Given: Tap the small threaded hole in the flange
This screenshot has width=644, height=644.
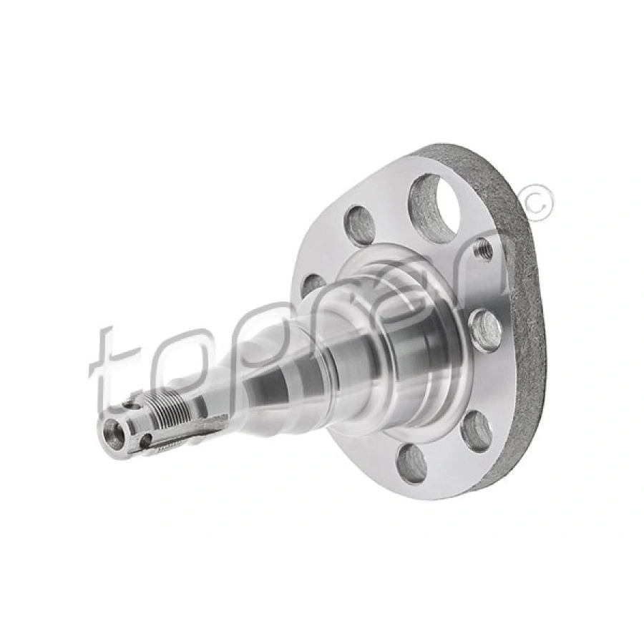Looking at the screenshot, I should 483,250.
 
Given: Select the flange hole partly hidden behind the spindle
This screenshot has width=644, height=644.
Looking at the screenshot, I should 313,284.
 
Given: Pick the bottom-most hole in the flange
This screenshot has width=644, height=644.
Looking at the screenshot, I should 413,462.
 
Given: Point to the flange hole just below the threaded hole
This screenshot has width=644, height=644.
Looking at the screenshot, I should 487,331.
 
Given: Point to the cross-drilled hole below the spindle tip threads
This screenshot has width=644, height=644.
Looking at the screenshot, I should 145,441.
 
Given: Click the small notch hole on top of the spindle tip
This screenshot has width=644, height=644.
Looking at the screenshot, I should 129,405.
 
